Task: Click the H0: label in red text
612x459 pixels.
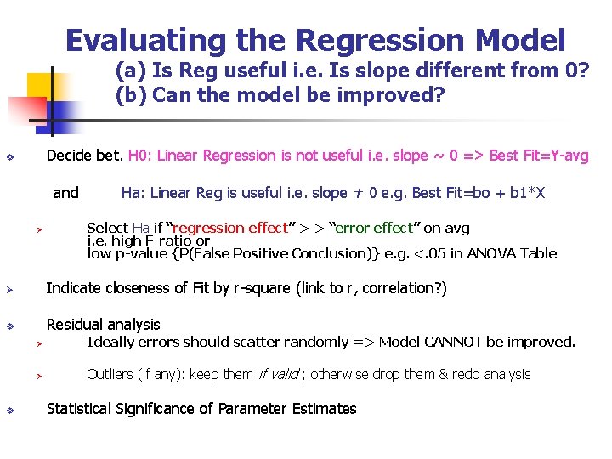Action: point(140,156)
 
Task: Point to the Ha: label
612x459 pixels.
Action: point(133,193)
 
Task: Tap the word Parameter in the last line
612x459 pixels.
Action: point(252,409)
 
